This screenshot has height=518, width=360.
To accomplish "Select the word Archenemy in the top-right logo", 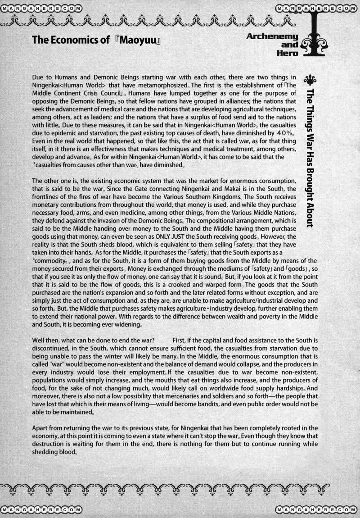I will [272, 36].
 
